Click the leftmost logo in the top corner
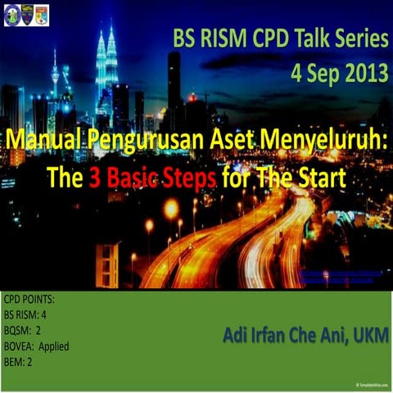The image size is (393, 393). pos(12,15)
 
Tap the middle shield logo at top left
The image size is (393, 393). pos(27,15)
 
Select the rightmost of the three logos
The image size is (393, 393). pos(41,15)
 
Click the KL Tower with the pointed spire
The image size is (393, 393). pos(55,82)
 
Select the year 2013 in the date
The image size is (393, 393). pos(358,72)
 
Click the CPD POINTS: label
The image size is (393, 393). pos(29,300)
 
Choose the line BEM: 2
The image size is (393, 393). pos(20,361)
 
